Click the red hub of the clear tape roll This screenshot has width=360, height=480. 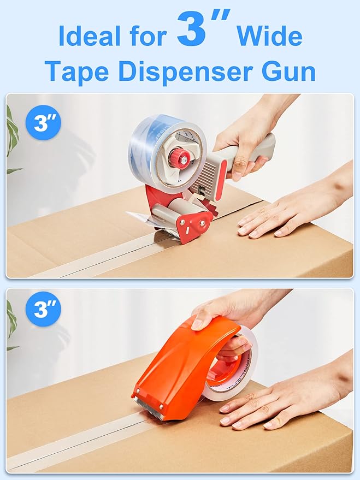(x=179, y=158)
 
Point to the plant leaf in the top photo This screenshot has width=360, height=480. (x=11, y=137)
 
